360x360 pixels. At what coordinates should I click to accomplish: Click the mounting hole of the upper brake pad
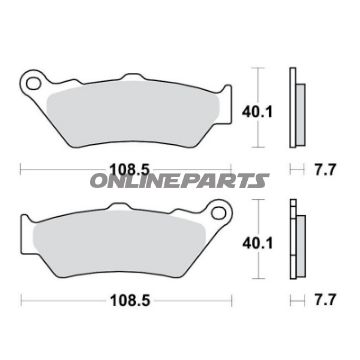click(x=34, y=83)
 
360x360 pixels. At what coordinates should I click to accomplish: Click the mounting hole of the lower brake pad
click(x=218, y=213)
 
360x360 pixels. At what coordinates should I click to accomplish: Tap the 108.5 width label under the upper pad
click(x=130, y=170)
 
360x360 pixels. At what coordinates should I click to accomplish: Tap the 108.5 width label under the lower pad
click(x=130, y=301)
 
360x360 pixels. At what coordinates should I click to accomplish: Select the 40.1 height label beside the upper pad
click(x=257, y=112)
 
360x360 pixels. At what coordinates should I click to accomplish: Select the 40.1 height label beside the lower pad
click(x=258, y=243)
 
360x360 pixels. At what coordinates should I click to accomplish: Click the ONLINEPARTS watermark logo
click(x=179, y=180)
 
